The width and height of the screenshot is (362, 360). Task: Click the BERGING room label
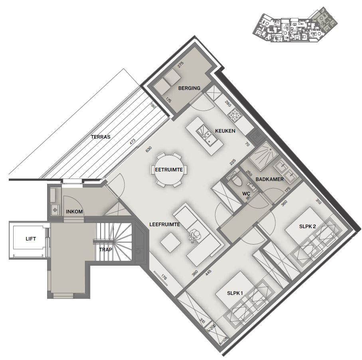189,88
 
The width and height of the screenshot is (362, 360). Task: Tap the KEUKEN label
225,131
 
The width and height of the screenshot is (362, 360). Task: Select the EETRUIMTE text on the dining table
169,169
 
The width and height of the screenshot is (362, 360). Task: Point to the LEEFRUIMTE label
164,225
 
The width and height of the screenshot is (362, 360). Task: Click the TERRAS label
101,137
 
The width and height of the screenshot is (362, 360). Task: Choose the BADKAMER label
269,179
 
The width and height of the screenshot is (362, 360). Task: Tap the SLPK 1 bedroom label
235,293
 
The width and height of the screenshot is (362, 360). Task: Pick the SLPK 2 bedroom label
307,227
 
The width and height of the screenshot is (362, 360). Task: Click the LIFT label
31,239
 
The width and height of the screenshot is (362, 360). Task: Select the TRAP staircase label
105,250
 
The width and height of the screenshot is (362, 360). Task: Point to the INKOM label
74,212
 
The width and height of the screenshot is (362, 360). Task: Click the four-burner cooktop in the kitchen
234,115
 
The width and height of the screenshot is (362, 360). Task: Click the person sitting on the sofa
194,236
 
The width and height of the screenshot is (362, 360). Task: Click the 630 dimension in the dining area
149,149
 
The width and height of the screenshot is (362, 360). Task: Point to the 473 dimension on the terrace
133,141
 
